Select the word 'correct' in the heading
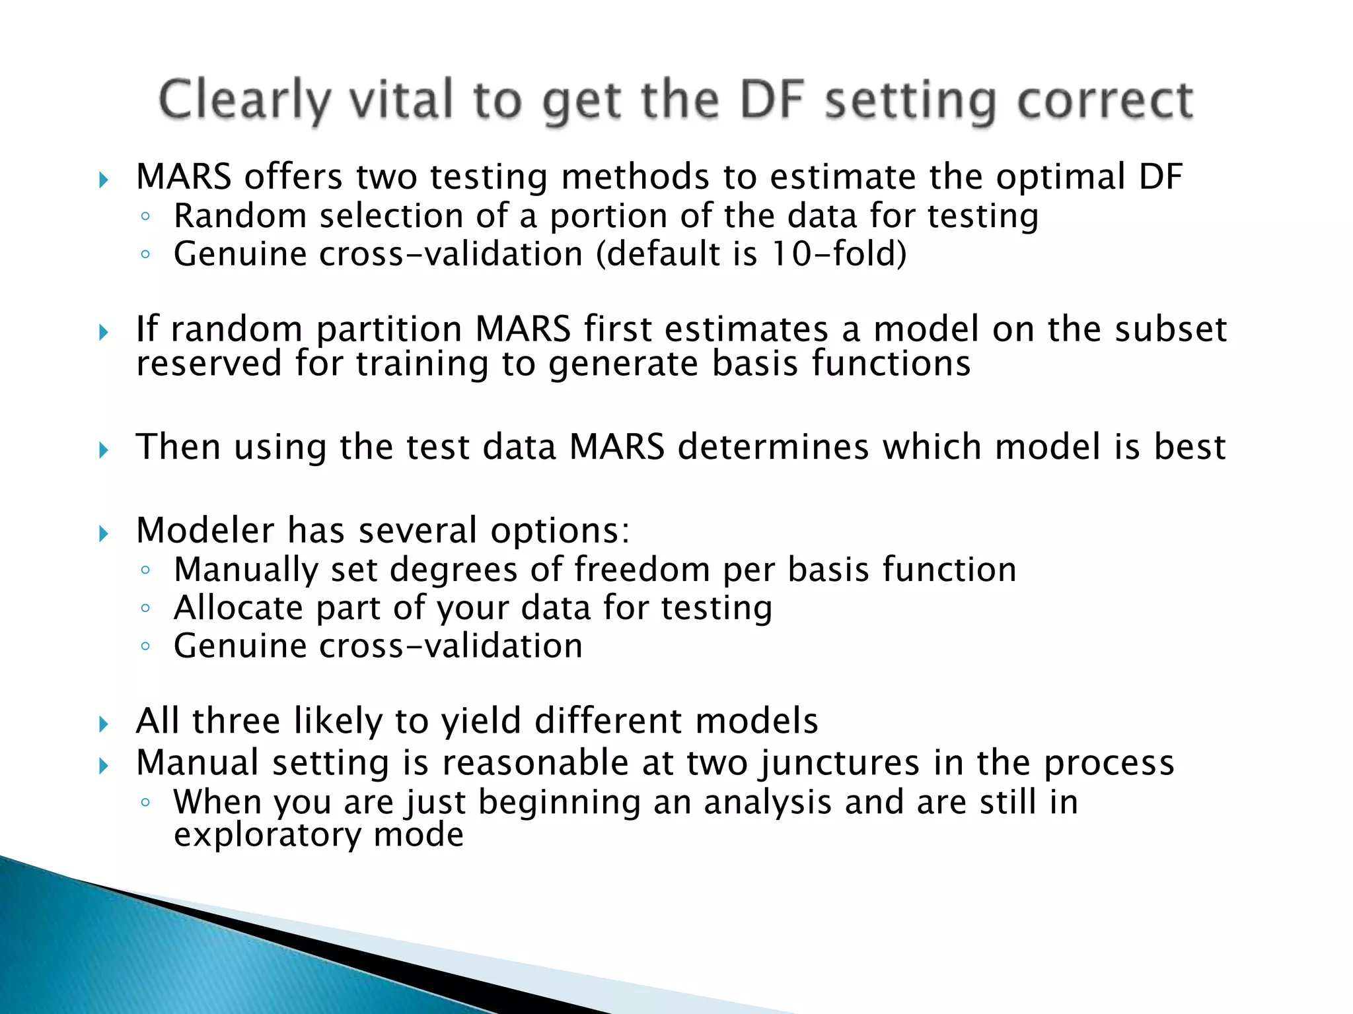1105,100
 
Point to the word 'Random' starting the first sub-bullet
240,216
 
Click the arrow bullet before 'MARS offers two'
104,180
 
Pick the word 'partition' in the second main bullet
389,329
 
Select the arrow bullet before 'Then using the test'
104,450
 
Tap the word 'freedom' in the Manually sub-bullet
641,569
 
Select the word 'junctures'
839,763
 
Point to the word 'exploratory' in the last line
267,835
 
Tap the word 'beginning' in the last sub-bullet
559,803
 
